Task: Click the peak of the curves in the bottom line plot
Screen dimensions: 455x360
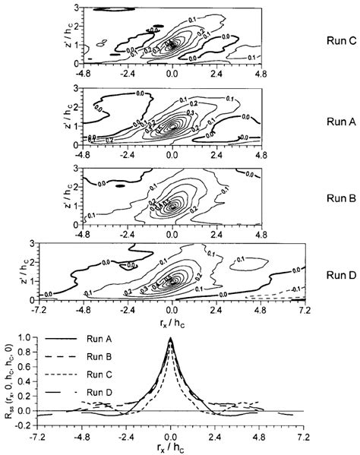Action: coord(172,340)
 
